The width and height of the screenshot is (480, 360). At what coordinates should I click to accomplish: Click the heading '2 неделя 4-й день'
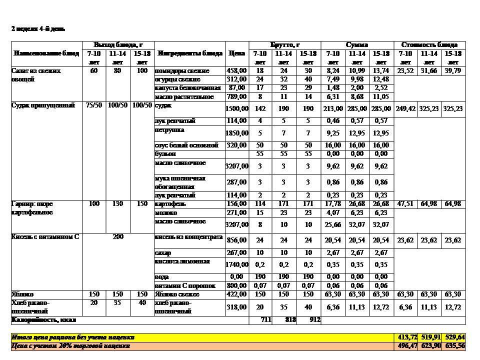38,29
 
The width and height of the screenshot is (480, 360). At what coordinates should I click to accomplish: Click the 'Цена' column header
236,53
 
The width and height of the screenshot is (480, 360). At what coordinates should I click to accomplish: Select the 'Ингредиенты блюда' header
190,53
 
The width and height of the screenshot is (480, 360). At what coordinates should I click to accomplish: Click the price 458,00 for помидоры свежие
236,71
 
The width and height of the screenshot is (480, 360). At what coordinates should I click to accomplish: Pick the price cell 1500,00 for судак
236,108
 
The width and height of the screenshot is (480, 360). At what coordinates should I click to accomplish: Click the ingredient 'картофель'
170,204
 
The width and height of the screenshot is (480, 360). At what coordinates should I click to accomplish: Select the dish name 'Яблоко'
22,294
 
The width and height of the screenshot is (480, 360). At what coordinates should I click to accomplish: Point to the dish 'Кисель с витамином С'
45,237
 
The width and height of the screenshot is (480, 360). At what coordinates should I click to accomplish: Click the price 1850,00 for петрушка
236,133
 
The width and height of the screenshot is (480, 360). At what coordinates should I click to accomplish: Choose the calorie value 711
265,319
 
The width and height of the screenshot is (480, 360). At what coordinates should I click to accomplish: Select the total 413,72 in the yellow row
405,337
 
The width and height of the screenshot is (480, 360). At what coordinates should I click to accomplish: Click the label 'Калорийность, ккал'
44,319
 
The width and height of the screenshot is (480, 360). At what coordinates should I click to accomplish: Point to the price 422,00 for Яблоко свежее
236,294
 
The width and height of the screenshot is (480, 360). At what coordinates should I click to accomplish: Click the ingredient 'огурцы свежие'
177,79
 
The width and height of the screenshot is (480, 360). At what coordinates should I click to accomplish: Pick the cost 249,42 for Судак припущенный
405,108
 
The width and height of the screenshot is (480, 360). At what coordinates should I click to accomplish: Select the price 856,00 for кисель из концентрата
236,240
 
